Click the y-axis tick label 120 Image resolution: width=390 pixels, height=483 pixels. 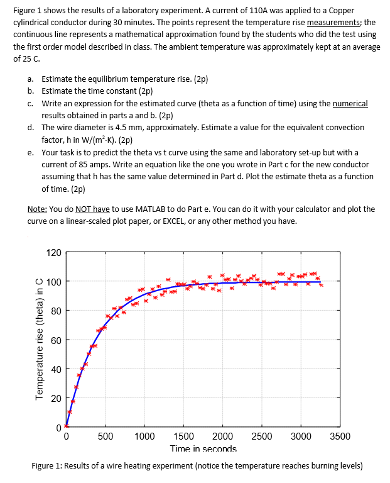click(x=54, y=253)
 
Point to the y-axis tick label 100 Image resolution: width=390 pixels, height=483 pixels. click(x=54, y=282)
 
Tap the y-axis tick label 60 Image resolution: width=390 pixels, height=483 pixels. click(x=56, y=340)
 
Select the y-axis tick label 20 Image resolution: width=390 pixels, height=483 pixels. click(x=56, y=398)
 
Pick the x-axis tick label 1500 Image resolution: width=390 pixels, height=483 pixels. click(x=183, y=437)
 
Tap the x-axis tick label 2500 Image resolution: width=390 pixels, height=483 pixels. click(x=262, y=437)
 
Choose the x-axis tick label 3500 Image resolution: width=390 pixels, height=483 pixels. click(x=340, y=437)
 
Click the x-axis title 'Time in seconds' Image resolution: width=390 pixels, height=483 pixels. click(x=203, y=449)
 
